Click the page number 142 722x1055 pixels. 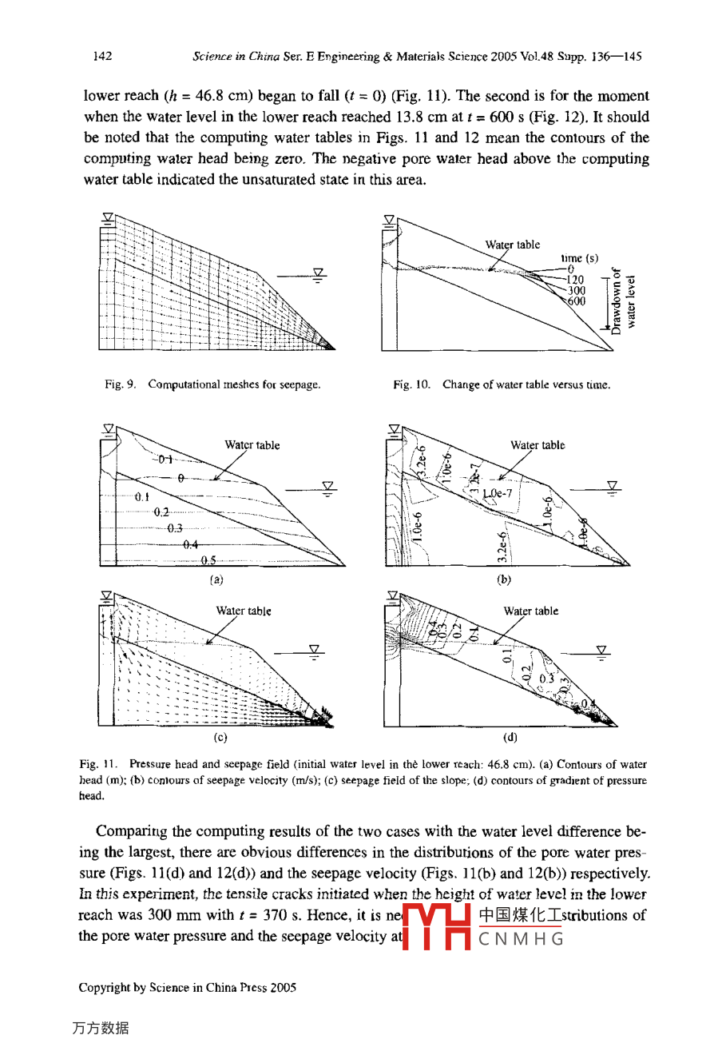(102, 56)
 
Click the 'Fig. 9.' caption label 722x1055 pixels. (120, 384)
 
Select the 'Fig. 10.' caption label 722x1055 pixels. (411, 384)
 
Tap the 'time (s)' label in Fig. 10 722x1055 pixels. (579, 258)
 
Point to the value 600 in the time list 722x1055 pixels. (576, 301)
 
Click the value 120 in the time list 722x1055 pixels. (575, 280)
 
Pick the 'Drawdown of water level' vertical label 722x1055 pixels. (623, 300)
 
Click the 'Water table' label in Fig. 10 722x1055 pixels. (512, 245)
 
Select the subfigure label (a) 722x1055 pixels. (216, 579)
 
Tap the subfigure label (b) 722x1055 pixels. (503, 579)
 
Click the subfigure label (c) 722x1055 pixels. (220, 737)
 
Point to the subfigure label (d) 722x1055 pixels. (510, 737)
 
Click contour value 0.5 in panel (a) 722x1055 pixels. (208, 560)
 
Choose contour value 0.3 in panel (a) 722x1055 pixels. (174, 528)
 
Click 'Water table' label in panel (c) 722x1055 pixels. (243, 611)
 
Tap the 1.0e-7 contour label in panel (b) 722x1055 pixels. (497, 494)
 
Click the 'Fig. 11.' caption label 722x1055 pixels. (98, 765)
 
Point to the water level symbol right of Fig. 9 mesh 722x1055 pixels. (319, 274)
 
